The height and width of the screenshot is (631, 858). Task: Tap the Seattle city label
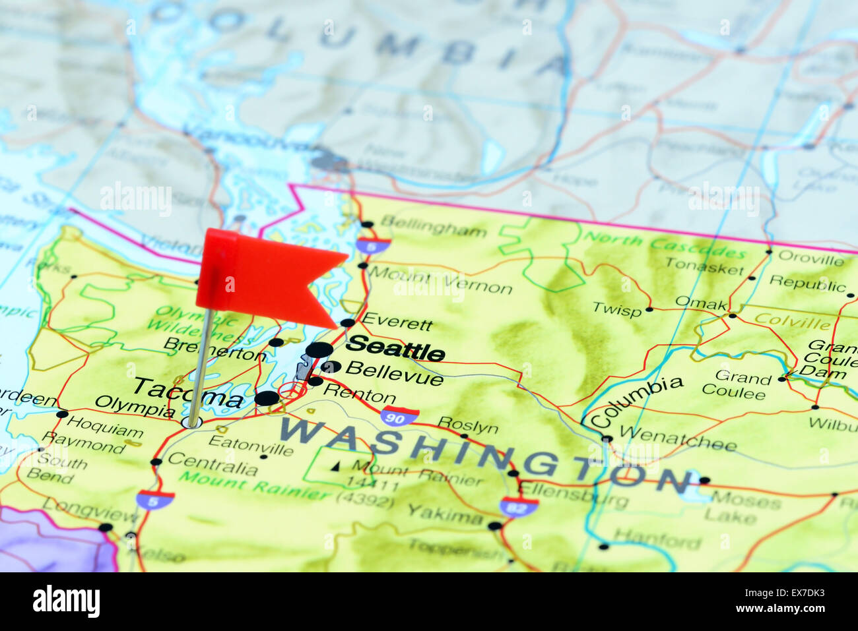(x=395, y=347)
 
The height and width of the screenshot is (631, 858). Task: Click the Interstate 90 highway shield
(x=399, y=416)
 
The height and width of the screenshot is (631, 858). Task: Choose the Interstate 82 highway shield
(x=518, y=506)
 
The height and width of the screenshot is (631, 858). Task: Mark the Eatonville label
(x=251, y=444)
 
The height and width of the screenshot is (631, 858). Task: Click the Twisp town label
(x=616, y=309)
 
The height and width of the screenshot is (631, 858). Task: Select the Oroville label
(x=810, y=258)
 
